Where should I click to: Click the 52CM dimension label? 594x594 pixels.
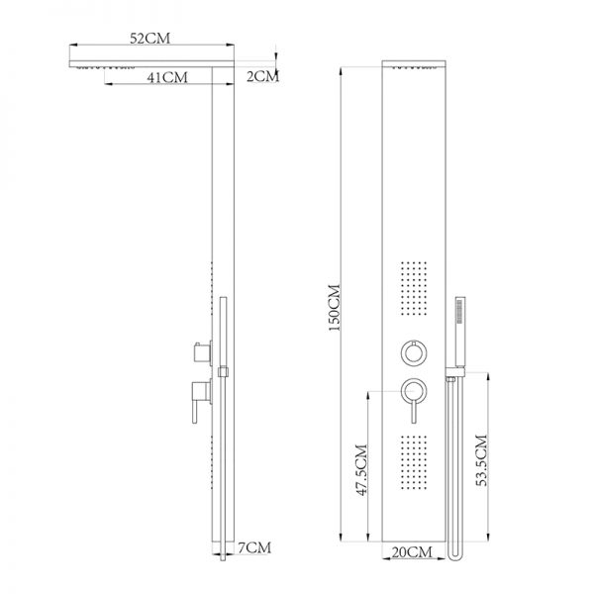pyautogui.click(x=150, y=39)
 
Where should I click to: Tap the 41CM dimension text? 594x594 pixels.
pyautogui.click(x=167, y=77)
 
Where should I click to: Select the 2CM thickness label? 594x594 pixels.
pyautogui.click(x=262, y=76)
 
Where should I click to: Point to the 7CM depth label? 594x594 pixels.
pyautogui.click(x=254, y=547)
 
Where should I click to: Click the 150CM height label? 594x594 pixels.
pyautogui.click(x=335, y=308)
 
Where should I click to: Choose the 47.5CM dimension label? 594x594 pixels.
pyautogui.click(x=361, y=469)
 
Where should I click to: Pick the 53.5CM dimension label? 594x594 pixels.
pyautogui.click(x=481, y=460)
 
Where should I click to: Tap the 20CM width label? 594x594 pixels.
pyautogui.click(x=412, y=552)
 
